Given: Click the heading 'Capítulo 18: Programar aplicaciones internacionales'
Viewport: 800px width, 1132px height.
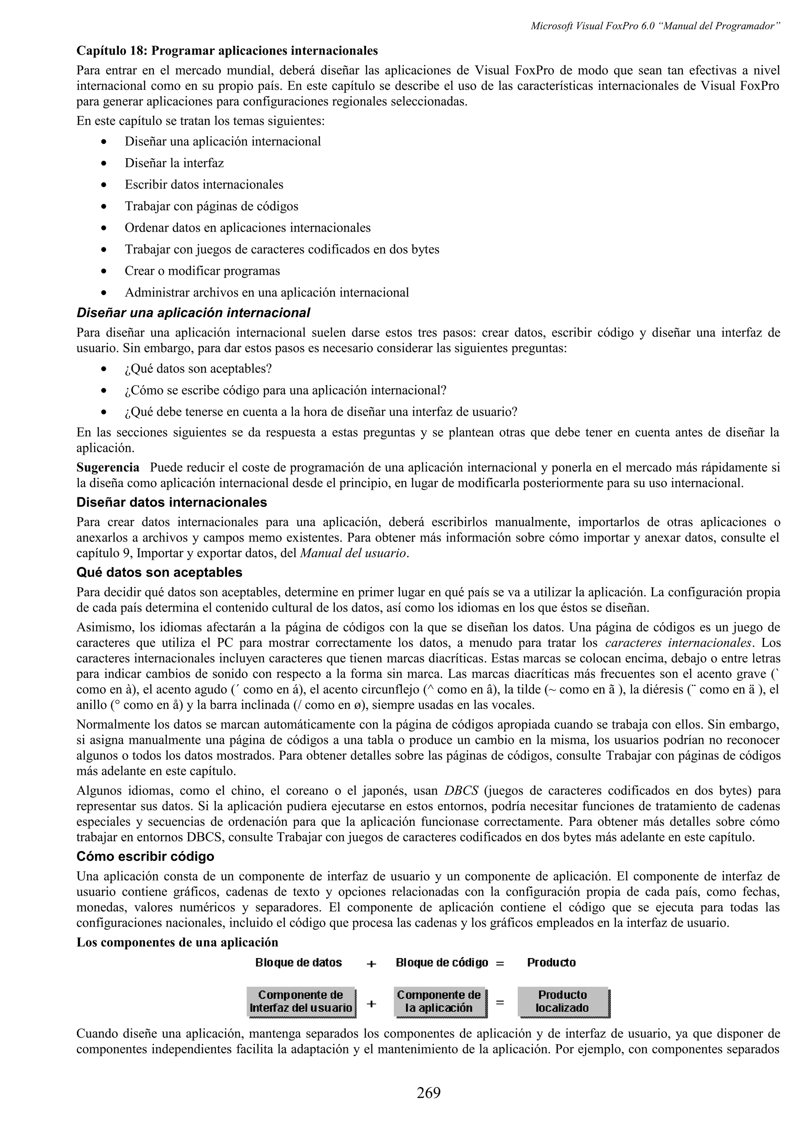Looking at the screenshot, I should click(227, 51).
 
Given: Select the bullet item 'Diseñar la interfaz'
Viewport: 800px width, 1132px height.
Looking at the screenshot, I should click(174, 163).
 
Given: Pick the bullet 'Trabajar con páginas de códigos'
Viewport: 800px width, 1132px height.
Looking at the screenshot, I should click(211, 206).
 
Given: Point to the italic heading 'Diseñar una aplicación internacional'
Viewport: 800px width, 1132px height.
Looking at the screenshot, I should click(193, 313).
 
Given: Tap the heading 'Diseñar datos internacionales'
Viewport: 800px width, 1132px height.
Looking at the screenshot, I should click(171, 502).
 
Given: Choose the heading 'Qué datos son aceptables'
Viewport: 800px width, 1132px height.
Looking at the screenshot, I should click(159, 572).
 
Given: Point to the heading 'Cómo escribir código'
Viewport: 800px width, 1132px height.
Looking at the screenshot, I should click(145, 856).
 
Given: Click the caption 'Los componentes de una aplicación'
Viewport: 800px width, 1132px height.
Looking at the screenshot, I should click(177, 942).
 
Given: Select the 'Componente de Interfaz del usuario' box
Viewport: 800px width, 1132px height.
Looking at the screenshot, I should click(301, 1002).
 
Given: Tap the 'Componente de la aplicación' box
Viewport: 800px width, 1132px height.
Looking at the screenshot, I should click(439, 1002).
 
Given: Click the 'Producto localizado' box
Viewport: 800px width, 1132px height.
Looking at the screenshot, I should click(562, 1002).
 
